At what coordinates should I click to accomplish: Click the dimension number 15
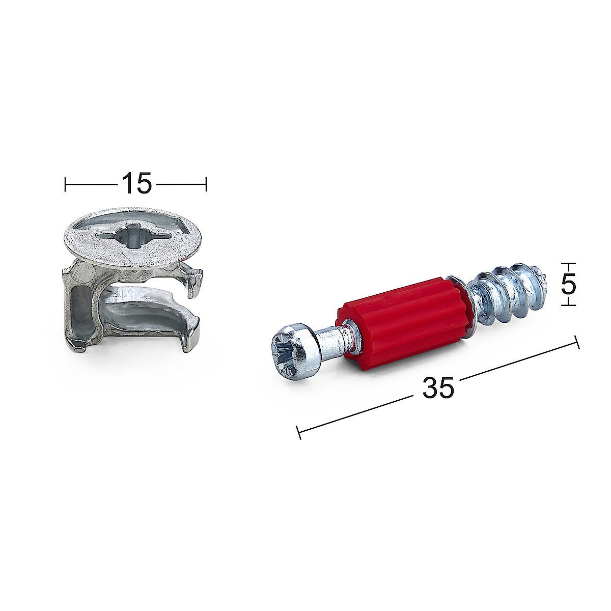point(136,183)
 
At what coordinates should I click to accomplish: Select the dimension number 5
point(568,286)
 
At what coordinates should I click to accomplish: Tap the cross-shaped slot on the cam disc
point(133,237)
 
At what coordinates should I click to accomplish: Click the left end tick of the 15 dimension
point(65,184)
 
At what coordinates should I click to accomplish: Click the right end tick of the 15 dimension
point(206,184)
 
